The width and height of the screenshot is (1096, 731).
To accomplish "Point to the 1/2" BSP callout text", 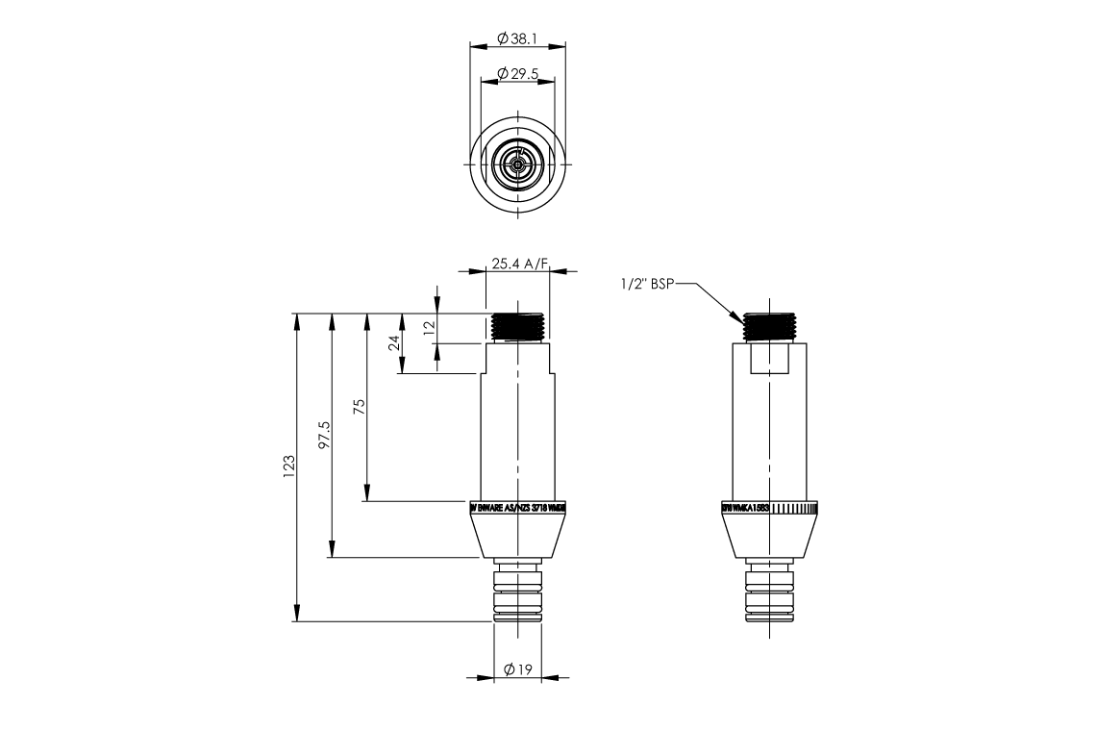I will [x=648, y=284].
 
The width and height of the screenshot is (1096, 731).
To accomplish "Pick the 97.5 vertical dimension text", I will [x=325, y=434].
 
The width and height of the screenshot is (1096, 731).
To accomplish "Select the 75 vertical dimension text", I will [x=360, y=406].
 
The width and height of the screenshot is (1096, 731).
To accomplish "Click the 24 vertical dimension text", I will [x=395, y=343].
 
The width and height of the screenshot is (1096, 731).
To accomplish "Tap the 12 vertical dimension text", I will [x=430, y=326].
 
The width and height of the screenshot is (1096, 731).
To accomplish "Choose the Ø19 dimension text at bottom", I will [x=518, y=669].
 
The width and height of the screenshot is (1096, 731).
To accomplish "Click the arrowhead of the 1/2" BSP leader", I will [x=741, y=318].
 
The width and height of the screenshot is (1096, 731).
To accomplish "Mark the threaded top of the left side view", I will [x=518, y=327].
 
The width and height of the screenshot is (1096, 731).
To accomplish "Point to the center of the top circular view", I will [x=518, y=164].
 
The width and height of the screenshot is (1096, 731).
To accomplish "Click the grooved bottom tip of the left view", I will [x=518, y=596].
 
